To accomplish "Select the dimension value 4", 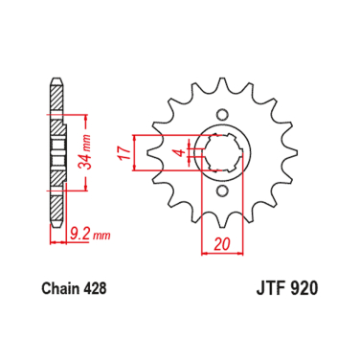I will [x=178, y=151].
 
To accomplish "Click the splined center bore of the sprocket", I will [x=222, y=152].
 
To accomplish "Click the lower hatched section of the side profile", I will [x=55, y=196].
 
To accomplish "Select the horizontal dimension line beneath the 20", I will [x=222, y=255].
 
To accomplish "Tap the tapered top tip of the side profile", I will [x=53, y=80].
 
